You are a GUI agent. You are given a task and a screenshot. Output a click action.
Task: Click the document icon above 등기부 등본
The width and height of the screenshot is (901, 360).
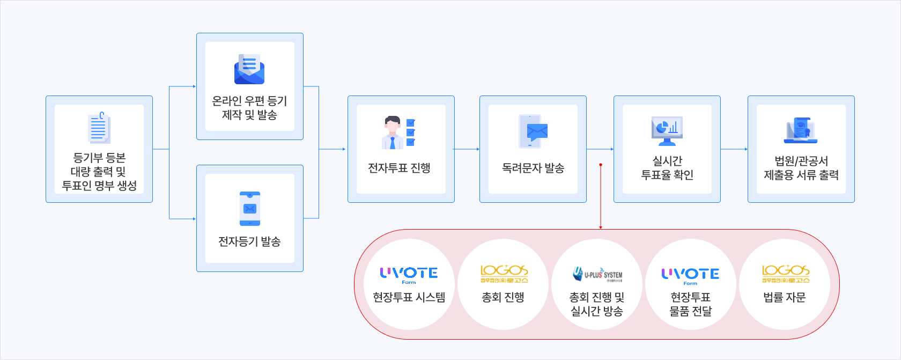click(99, 128)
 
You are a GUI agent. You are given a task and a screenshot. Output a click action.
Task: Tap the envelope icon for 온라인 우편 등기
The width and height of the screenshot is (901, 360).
click(249, 70)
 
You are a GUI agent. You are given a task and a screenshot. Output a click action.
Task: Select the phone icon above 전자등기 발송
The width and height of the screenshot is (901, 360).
click(250, 209)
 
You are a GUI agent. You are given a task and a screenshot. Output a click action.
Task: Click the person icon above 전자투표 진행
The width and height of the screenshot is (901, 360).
click(400, 132)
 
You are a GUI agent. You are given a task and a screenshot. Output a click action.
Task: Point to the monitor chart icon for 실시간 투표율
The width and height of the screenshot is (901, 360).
click(667, 131)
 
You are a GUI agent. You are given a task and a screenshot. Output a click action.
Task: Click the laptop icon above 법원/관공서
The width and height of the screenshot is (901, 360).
click(801, 131)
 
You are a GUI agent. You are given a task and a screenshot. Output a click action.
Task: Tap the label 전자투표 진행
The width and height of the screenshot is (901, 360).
click(399, 168)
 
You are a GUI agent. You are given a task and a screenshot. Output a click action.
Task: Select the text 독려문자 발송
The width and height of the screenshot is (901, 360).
click(533, 168)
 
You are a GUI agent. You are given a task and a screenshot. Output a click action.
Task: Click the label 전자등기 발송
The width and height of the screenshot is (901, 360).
click(249, 241)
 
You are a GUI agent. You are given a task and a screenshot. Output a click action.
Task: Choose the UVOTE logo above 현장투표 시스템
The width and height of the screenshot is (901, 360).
click(409, 275)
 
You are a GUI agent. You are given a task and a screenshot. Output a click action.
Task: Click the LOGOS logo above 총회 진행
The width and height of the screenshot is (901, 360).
click(504, 274)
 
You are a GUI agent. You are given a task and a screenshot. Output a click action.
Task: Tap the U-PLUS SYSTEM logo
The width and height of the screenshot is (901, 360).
click(597, 274)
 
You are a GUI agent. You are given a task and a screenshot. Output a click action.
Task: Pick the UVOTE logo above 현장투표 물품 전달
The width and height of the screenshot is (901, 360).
click(690, 275)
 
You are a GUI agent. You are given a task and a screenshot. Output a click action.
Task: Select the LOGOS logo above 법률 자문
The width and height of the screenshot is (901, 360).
click(785, 274)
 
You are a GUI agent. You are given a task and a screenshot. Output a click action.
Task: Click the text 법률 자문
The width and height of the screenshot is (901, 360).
click(785, 297)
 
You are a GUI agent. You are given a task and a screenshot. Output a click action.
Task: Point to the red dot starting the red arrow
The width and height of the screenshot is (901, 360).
click(601, 165)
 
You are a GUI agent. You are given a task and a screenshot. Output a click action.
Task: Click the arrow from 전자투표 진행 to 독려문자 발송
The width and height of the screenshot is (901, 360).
click(467, 149)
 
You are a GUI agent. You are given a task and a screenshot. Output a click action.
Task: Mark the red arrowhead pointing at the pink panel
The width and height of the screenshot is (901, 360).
click(601, 227)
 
